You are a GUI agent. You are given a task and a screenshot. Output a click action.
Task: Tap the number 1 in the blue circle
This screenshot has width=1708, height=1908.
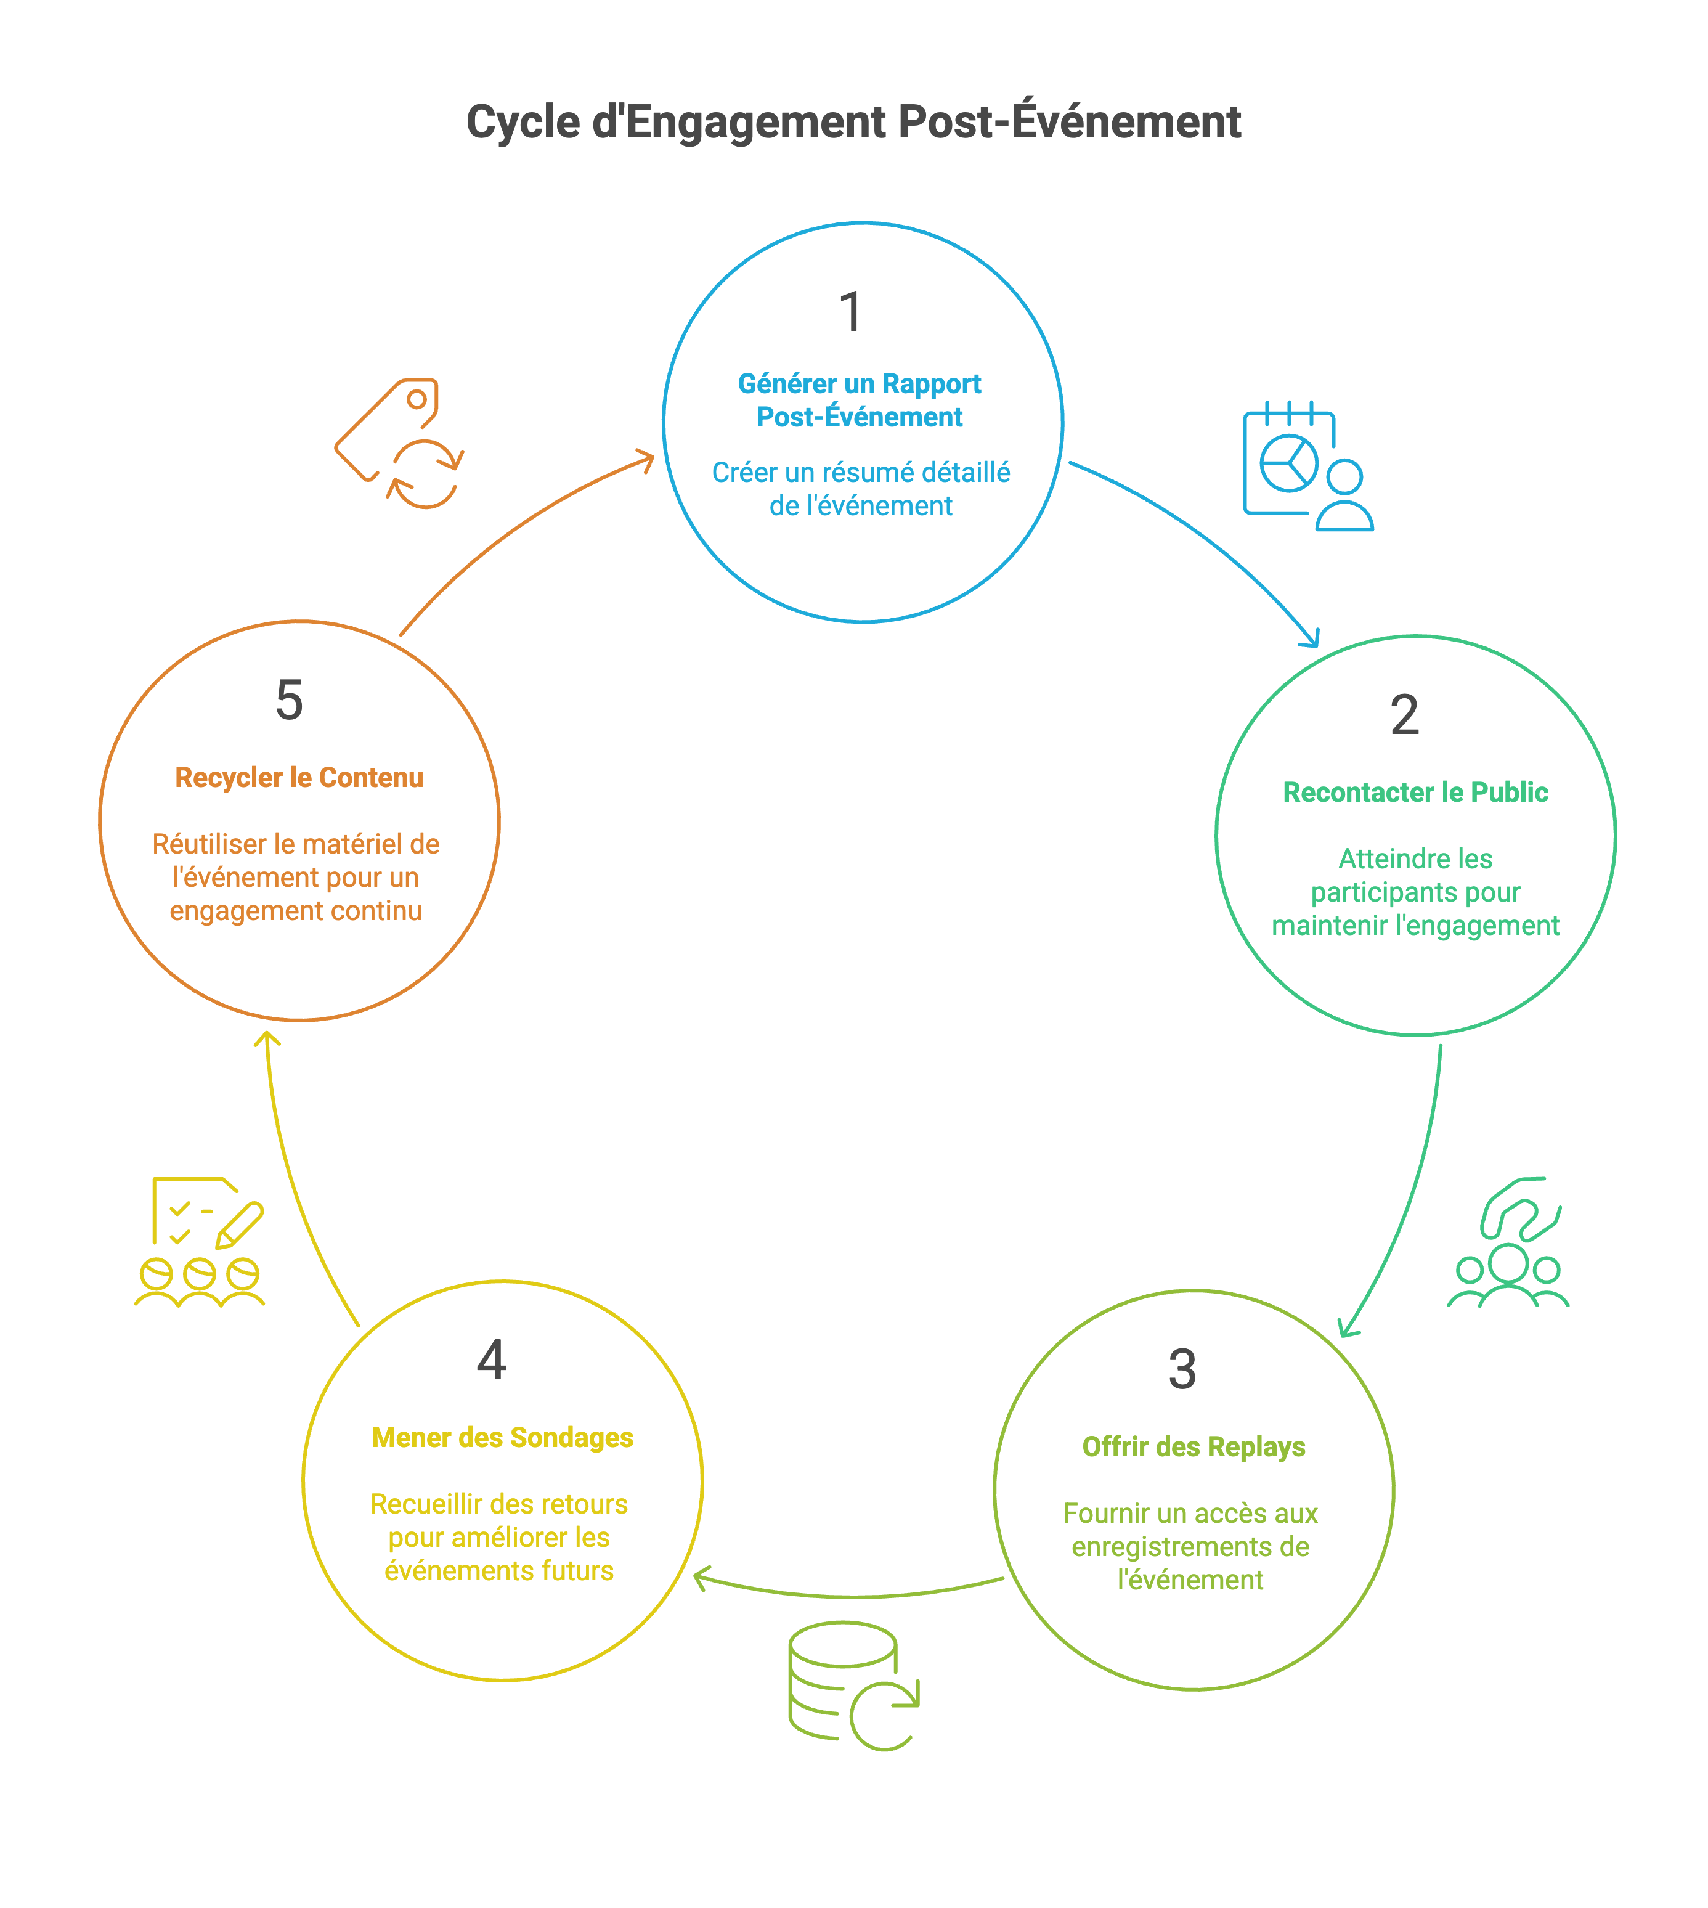click(x=850, y=312)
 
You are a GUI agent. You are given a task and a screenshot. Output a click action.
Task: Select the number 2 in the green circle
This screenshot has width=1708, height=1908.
click(x=1404, y=715)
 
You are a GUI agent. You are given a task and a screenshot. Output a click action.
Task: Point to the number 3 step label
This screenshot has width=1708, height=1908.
click(x=1182, y=1369)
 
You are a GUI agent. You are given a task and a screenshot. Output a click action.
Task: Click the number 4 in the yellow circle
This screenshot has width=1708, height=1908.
click(x=492, y=1360)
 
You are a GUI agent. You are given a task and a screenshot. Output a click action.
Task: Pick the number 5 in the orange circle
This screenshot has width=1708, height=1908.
click(x=289, y=700)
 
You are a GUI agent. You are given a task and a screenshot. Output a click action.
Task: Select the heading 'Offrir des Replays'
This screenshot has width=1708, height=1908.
click(x=1193, y=1447)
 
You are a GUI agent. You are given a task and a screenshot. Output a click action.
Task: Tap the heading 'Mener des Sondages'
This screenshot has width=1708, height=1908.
click(x=502, y=1438)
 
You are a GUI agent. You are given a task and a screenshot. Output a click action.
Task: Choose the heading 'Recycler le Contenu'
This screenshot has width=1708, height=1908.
click(x=298, y=778)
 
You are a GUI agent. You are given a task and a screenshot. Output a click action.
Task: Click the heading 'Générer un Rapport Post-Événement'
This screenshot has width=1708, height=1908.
click(x=860, y=400)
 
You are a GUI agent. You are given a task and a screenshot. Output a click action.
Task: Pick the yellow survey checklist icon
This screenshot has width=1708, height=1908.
click(x=200, y=1241)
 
